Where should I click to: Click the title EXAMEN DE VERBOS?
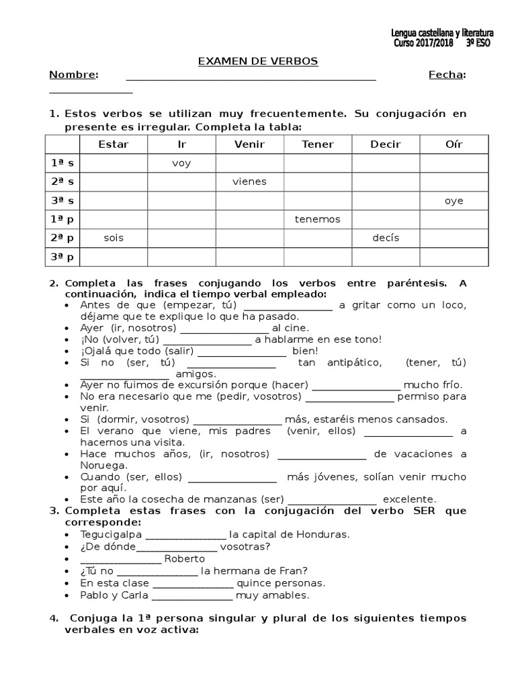257,61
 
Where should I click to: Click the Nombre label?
74,75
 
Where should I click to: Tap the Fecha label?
447,75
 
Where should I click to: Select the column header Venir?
249,144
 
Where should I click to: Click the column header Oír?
454,144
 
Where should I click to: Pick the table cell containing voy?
181,163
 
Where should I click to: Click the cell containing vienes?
249,181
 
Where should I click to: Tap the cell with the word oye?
454,201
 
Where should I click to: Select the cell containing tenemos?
317,219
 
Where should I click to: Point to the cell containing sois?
114,238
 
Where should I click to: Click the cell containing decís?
386,238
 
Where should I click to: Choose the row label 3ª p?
62,257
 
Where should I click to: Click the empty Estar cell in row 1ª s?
114,163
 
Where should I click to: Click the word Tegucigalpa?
111,535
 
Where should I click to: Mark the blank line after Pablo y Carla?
193,595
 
